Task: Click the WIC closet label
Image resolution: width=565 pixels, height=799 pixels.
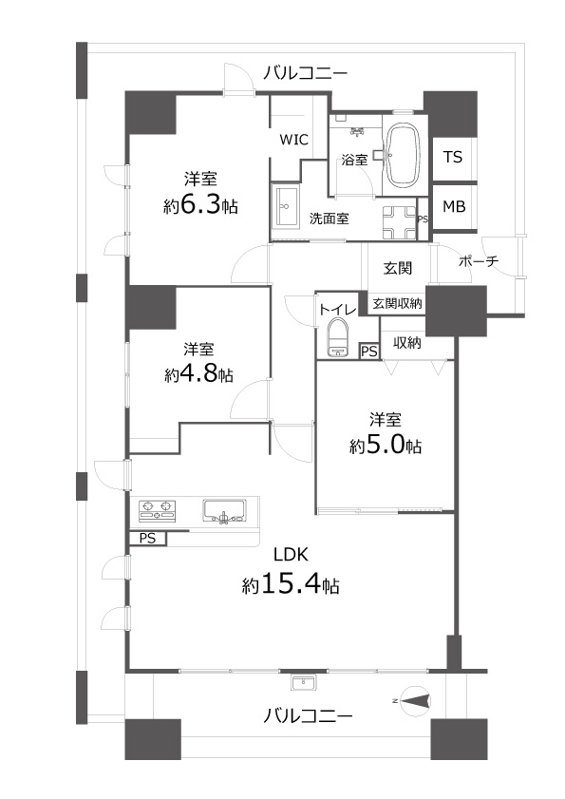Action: click(x=294, y=140)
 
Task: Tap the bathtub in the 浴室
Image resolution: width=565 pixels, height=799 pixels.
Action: click(x=405, y=156)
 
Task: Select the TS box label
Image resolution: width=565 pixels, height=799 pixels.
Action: click(x=452, y=157)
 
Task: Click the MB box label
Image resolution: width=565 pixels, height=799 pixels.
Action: click(x=454, y=206)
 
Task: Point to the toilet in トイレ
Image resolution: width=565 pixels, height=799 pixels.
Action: click(x=337, y=336)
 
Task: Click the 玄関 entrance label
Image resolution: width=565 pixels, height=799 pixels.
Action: click(x=397, y=268)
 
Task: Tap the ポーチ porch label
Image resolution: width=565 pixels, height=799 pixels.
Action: click(x=479, y=261)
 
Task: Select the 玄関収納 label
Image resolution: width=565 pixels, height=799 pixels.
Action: click(x=397, y=304)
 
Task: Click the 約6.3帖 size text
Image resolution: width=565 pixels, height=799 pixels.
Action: click(x=200, y=205)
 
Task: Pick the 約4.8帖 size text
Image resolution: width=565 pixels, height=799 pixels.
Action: click(x=199, y=374)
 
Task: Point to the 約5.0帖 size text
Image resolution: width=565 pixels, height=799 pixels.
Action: click(x=386, y=446)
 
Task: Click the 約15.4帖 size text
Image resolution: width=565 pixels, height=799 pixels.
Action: click(x=291, y=584)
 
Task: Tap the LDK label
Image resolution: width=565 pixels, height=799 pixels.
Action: click(x=291, y=555)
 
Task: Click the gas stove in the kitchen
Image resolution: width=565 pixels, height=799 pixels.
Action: click(x=157, y=510)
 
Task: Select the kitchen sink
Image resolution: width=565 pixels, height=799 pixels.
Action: click(x=224, y=510)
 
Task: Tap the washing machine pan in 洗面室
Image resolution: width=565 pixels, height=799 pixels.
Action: click(x=400, y=223)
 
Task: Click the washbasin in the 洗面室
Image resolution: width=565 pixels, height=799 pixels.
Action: click(x=285, y=206)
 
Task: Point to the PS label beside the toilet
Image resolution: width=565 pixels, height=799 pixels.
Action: click(x=370, y=352)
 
